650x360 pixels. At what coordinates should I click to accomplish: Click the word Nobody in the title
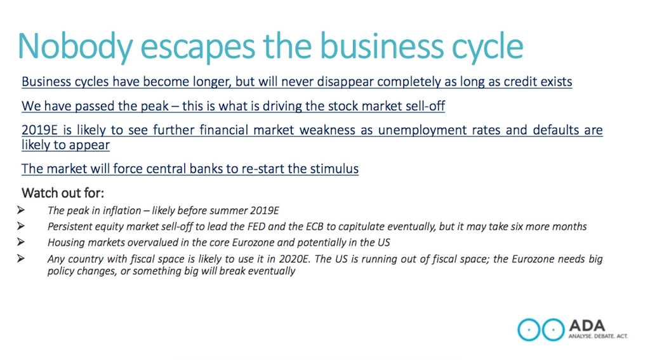click(76, 47)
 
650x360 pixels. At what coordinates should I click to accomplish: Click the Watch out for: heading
click(63, 193)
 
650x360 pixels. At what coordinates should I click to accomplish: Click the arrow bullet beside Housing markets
click(21, 242)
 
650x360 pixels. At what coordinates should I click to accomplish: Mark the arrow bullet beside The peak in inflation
click(21, 210)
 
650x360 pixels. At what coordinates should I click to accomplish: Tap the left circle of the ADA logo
click(529, 330)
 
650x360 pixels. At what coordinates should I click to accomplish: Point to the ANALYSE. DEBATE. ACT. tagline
click(598, 336)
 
